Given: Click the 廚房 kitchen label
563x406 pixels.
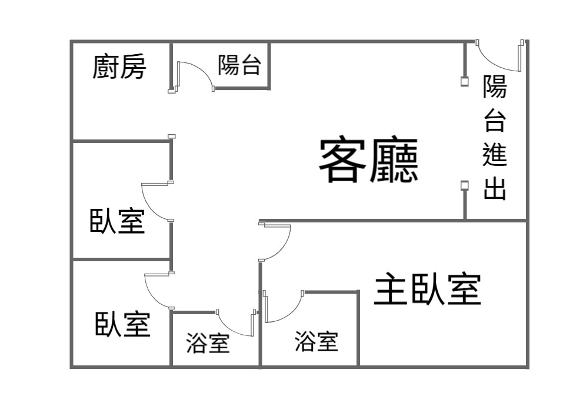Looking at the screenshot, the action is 119,66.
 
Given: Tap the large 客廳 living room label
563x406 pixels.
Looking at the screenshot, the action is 369,160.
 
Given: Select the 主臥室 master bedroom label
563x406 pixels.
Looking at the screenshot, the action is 427,289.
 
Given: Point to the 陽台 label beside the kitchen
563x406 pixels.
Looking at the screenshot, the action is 239,65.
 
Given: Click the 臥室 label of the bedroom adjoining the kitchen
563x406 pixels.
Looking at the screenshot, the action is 117,221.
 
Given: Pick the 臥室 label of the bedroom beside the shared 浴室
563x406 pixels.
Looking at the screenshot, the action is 122,324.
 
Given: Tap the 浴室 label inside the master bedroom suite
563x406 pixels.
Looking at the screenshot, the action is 317,341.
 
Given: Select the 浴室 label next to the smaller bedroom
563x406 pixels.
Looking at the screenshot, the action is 208,343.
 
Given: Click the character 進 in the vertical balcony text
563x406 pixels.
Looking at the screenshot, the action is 495,154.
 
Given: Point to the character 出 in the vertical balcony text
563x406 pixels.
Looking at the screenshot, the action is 495,188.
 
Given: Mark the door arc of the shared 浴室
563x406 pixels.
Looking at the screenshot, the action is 230,329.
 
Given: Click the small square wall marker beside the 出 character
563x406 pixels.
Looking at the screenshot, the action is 465,185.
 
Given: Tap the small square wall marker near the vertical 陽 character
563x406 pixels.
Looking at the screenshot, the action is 465,81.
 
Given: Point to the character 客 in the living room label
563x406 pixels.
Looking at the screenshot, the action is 342,160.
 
